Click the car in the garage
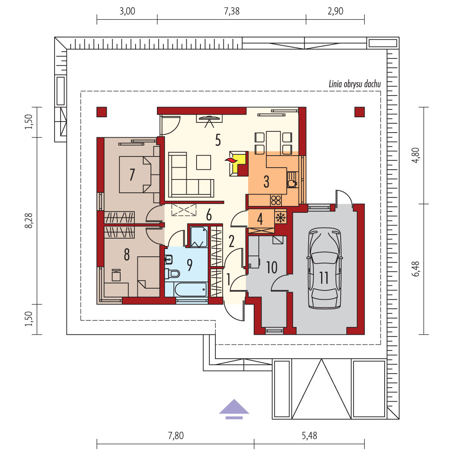tap(324, 268)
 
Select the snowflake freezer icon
tap(281, 217)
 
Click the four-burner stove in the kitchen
tap(276, 200)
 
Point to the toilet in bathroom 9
tap(172, 273)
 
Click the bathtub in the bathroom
tap(186, 289)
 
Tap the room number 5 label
tap(218, 140)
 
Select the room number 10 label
tap(272, 267)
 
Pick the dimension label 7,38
tap(232, 11)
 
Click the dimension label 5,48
tap(309, 435)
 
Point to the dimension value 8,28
tap(29, 220)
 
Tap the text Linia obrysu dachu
tap(355, 84)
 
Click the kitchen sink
tap(292, 180)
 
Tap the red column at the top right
tap(359, 112)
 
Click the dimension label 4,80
tap(416, 155)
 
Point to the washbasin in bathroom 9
tap(168, 259)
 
